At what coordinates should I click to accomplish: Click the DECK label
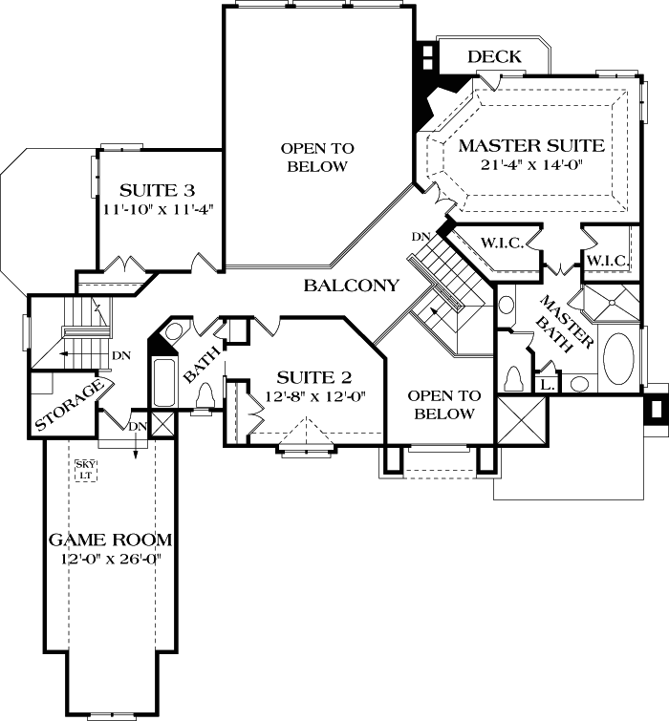[x=494, y=57]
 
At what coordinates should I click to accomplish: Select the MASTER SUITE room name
[x=530, y=146]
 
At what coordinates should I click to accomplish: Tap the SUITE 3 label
[x=160, y=187]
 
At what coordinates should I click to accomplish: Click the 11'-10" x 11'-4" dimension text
[x=160, y=206]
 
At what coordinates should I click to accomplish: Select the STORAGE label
[x=68, y=406]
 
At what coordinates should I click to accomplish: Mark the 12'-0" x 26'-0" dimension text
[x=105, y=559]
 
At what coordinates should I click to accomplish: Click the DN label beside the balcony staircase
[x=420, y=237]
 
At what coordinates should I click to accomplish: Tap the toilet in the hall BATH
[x=201, y=408]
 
